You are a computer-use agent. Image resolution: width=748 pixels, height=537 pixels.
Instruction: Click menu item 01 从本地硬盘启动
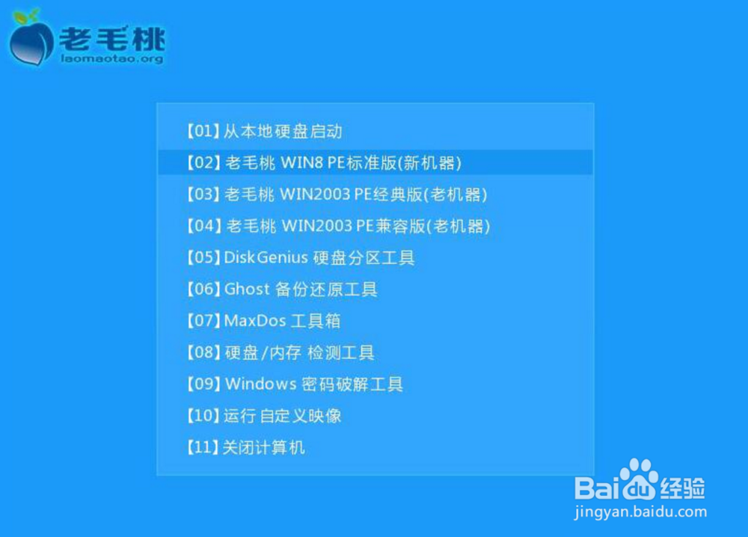pos(264,131)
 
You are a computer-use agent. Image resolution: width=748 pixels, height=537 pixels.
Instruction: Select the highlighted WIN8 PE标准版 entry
pos(324,162)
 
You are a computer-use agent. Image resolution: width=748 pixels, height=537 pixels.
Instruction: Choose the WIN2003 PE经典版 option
pos(337,194)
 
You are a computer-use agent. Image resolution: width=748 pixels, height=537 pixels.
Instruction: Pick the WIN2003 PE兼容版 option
pos(338,226)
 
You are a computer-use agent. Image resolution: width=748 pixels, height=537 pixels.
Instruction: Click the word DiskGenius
pos(266,257)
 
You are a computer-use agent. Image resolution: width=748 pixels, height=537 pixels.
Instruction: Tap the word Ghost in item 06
pos(247,289)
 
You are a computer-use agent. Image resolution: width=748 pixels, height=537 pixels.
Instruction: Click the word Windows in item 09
pos(261,384)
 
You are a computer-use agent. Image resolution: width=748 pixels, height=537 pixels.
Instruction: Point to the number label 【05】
pos(203,257)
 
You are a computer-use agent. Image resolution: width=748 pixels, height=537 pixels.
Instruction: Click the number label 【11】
pos(203,447)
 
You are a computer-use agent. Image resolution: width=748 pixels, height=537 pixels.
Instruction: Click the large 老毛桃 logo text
pos(113,38)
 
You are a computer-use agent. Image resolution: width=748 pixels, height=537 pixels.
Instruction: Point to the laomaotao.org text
pos(112,58)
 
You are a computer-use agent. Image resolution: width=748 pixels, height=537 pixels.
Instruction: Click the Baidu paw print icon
pos(640,479)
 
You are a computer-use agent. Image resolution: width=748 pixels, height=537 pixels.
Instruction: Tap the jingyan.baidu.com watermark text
pos(640,512)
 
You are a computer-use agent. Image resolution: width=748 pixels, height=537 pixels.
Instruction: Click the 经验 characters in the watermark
pos(682,488)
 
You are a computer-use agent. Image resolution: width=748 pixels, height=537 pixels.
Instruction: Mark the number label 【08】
pos(203,352)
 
